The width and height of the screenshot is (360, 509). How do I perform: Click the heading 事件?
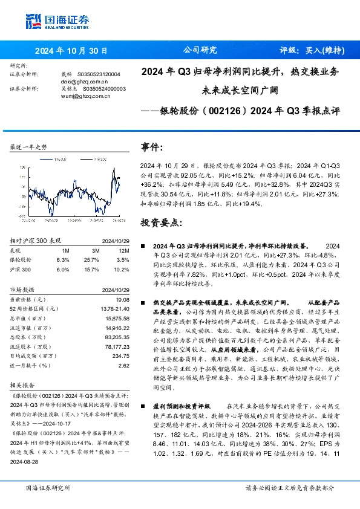152,147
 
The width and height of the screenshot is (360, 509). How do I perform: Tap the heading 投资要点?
160,223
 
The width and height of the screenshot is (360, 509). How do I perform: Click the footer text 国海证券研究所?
48,487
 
